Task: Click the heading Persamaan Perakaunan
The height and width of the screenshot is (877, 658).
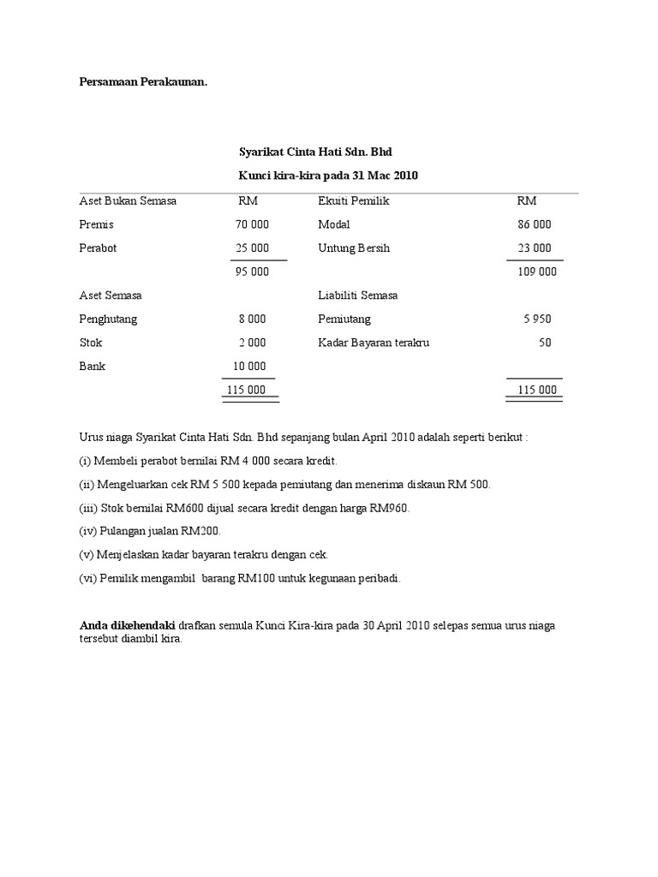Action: (144, 82)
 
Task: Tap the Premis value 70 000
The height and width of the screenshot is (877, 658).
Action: (252, 224)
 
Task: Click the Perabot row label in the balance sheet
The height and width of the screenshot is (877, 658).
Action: (98, 248)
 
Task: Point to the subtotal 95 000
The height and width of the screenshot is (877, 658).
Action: (252, 271)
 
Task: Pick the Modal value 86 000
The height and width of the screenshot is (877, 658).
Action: (535, 224)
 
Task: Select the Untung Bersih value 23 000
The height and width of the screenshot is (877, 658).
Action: (535, 248)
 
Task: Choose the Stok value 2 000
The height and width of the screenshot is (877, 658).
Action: (252, 343)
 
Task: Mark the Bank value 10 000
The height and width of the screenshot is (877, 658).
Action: (249, 366)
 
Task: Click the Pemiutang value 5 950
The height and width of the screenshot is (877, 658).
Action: (537, 319)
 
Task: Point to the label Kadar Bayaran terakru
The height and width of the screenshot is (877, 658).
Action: (374, 343)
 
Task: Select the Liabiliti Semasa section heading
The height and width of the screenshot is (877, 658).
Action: (357, 295)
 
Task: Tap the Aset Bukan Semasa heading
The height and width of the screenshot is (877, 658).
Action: (128, 201)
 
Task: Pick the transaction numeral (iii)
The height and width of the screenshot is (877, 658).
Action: (87, 508)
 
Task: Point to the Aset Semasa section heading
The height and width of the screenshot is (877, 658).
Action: (111, 295)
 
